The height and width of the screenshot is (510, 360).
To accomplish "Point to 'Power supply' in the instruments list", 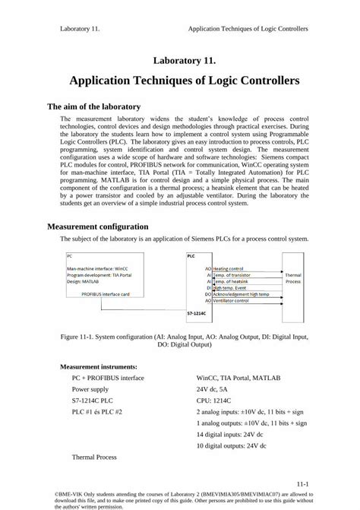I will pyautogui.click(x=92, y=388).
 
